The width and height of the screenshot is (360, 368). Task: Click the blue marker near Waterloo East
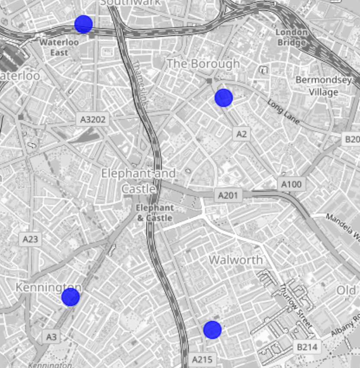coord(84,24)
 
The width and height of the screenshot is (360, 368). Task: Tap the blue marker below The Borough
coord(224,98)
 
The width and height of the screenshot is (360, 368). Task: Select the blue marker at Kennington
coord(71,297)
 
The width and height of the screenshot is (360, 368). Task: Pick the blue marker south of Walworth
coord(212,330)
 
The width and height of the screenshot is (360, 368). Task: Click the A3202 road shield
coord(93,119)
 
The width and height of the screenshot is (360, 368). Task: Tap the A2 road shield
coord(241,134)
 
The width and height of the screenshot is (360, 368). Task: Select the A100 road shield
coord(291,184)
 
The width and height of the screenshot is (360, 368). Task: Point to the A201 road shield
coord(228,195)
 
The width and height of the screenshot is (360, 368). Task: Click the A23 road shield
coord(30,239)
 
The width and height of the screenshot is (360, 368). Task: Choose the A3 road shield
coord(51,336)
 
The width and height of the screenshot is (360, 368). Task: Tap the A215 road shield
coord(202,359)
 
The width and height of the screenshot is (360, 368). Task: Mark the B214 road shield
coord(307,346)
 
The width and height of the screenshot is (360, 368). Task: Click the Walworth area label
coord(236,260)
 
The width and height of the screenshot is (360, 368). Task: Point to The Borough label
coord(203,64)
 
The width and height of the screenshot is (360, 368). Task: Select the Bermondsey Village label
coord(323,86)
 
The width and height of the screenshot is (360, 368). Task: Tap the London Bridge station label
coord(292,37)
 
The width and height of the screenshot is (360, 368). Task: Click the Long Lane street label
coord(283,112)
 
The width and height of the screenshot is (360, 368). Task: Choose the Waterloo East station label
coord(59,47)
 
